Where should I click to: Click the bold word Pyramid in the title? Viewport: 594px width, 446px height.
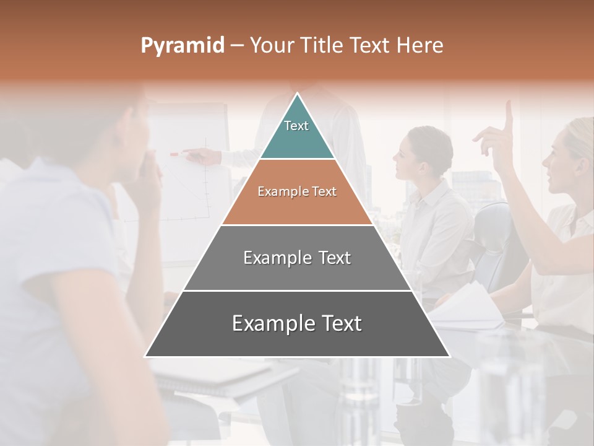(183, 45)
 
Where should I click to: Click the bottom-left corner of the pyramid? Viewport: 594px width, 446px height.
(146, 356)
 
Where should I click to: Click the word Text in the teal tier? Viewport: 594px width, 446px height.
(296, 126)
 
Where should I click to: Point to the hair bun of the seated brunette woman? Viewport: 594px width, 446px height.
(441, 146)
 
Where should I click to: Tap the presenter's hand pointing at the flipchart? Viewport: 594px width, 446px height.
(204, 155)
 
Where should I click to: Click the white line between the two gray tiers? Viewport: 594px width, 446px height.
(297, 291)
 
